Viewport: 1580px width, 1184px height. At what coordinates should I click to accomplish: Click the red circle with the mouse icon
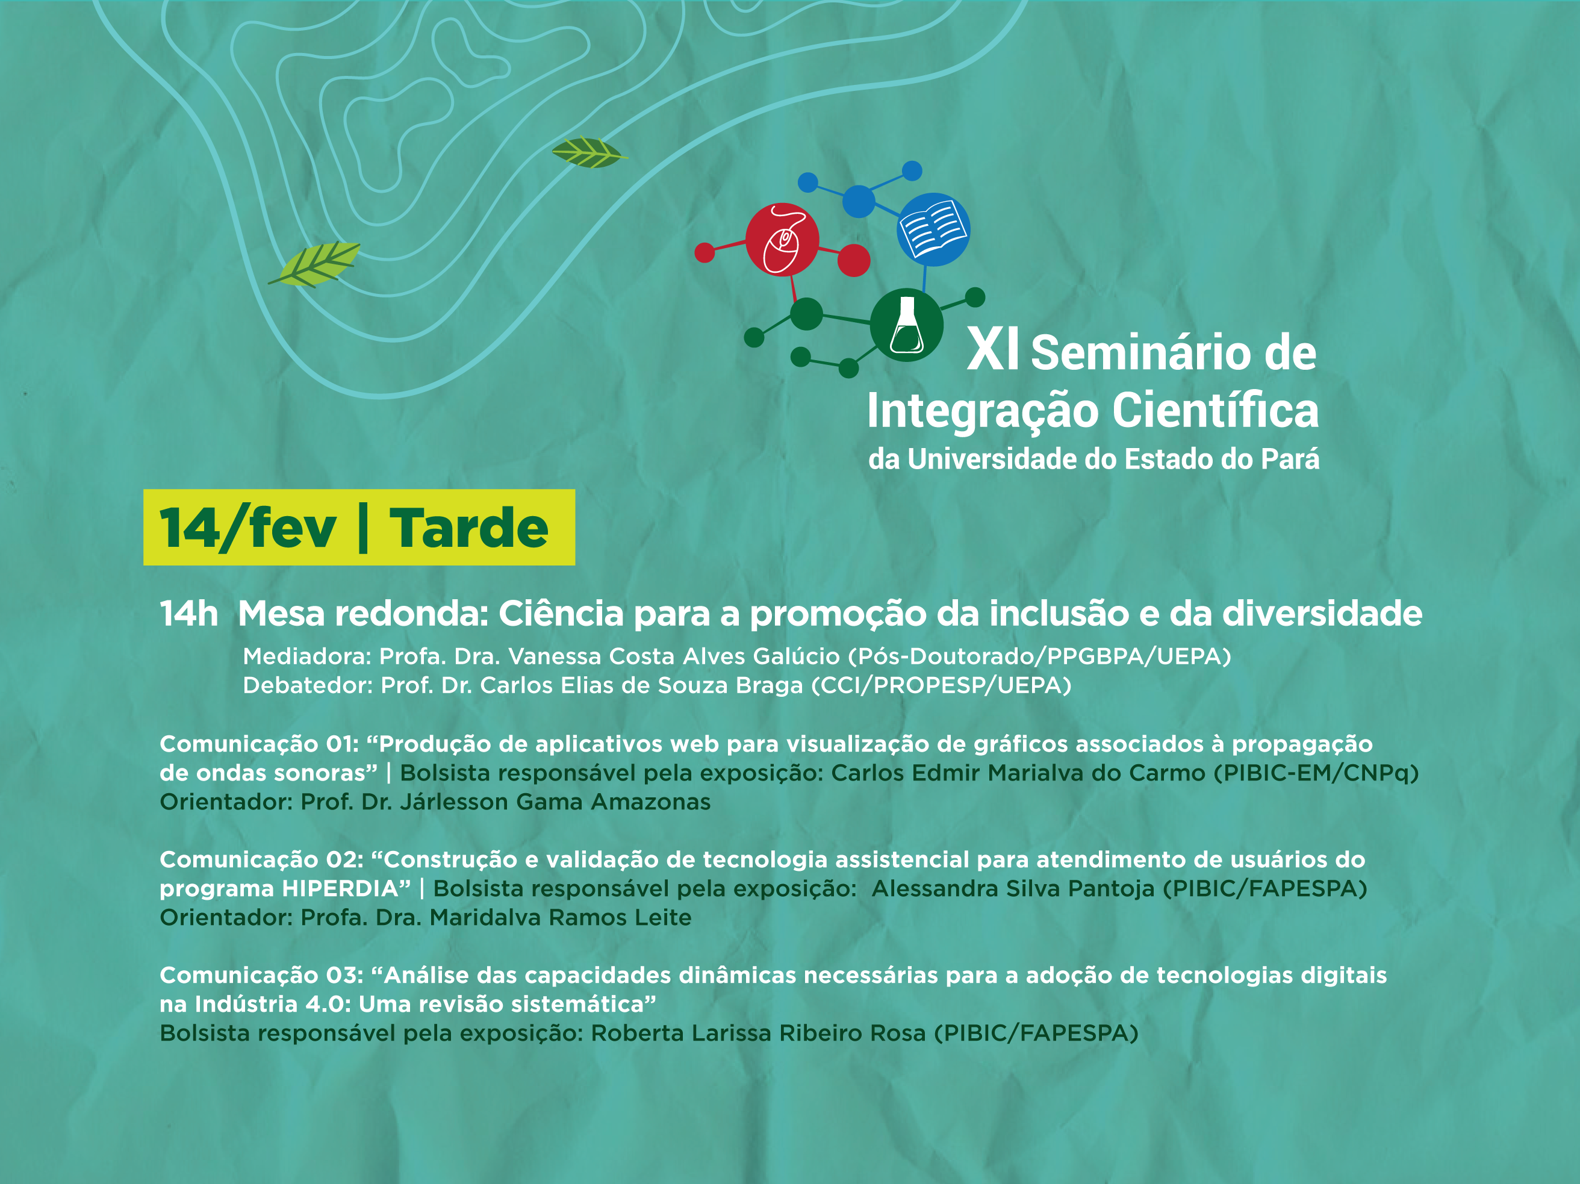[782, 239]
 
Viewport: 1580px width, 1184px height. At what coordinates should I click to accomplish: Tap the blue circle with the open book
[933, 229]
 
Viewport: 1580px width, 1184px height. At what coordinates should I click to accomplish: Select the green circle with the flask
[906, 325]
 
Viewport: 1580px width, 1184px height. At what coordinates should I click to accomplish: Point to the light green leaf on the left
[314, 264]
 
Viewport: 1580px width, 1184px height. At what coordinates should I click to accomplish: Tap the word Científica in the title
[1215, 411]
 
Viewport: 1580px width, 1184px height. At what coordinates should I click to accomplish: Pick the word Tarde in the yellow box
[468, 528]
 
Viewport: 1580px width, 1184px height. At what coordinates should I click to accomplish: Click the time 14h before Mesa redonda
[188, 614]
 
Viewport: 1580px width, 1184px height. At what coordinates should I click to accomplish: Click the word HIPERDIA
[340, 888]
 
